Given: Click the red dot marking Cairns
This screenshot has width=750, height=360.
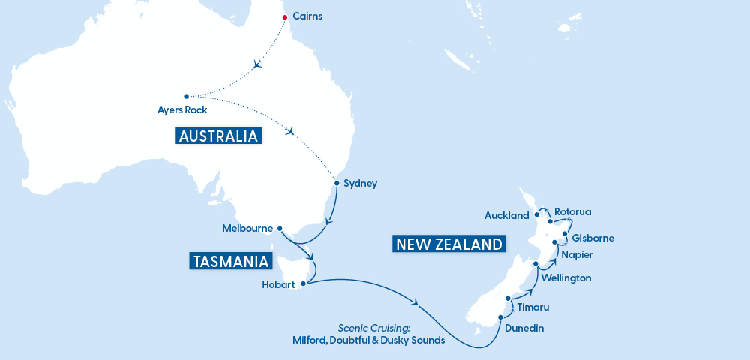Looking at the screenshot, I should pyautogui.click(x=285, y=17).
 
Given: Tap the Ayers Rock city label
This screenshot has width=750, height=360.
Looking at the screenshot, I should pyautogui.click(x=181, y=110).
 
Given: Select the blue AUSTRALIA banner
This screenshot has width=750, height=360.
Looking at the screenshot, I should pyautogui.click(x=218, y=136).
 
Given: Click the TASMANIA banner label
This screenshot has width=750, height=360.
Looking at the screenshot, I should pyautogui.click(x=230, y=261).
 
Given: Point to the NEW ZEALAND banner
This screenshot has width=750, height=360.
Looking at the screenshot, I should pyautogui.click(x=448, y=244).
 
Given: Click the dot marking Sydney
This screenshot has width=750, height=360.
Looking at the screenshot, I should pyautogui.click(x=336, y=182).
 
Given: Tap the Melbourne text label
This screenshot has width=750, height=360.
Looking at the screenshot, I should pyautogui.click(x=247, y=228).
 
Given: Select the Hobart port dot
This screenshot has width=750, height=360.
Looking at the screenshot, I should pyautogui.click(x=303, y=283).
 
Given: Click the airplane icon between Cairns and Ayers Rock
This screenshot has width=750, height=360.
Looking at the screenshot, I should pyautogui.click(x=259, y=64).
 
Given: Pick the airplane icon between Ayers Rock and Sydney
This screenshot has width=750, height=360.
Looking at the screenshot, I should pyautogui.click(x=291, y=132).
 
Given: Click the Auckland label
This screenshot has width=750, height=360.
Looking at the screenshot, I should pyautogui.click(x=507, y=216).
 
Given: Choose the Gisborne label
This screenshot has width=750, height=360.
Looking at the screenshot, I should pyautogui.click(x=592, y=238).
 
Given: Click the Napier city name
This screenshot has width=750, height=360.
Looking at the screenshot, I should pyautogui.click(x=577, y=255).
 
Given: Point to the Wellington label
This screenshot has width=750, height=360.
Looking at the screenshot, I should pyautogui.click(x=566, y=277).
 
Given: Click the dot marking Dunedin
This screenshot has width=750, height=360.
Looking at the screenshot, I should pyautogui.click(x=499, y=318).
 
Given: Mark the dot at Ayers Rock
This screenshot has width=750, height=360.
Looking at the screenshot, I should pyautogui.click(x=186, y=96).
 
